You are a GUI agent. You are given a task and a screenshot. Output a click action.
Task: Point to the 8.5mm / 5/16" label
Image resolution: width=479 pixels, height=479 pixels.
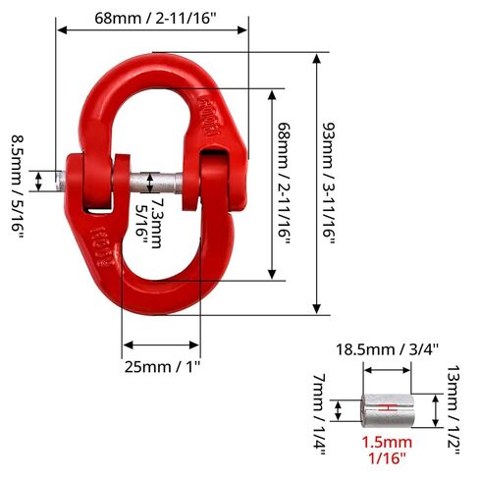[x=17, y=181]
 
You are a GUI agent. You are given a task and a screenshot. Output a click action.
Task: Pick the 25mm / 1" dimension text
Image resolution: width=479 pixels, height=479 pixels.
[x=163, y=368]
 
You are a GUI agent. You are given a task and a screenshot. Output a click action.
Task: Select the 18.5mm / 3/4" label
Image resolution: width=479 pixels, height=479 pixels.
[x=387, y=348]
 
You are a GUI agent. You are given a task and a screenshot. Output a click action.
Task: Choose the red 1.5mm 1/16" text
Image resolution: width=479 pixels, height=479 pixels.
[x=387, y=450]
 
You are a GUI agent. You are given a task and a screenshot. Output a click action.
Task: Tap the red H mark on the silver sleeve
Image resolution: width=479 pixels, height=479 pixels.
[x=388, y=407]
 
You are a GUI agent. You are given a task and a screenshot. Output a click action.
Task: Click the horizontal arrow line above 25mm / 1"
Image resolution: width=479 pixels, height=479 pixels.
[x=163, y=346]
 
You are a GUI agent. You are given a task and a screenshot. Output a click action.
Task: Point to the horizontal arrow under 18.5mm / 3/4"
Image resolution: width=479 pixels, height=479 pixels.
[x=387, y=370]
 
